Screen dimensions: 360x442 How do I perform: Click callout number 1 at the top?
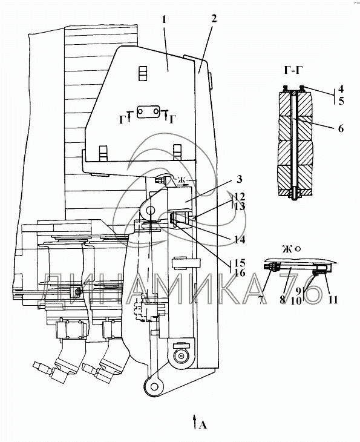(x=164, y=20)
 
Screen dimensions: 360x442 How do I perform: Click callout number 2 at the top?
(x=214, y=19)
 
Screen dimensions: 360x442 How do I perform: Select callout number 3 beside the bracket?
(x=239, y=179)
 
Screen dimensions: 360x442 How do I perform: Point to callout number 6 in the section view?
(x=341, y=128)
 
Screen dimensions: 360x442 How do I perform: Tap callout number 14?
(x=240, y=240)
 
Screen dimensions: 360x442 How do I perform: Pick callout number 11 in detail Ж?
(x=333, y=300)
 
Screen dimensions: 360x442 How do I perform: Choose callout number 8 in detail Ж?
(x=283, y=300)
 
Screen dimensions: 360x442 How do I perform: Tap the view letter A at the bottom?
(x=203, y=424)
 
